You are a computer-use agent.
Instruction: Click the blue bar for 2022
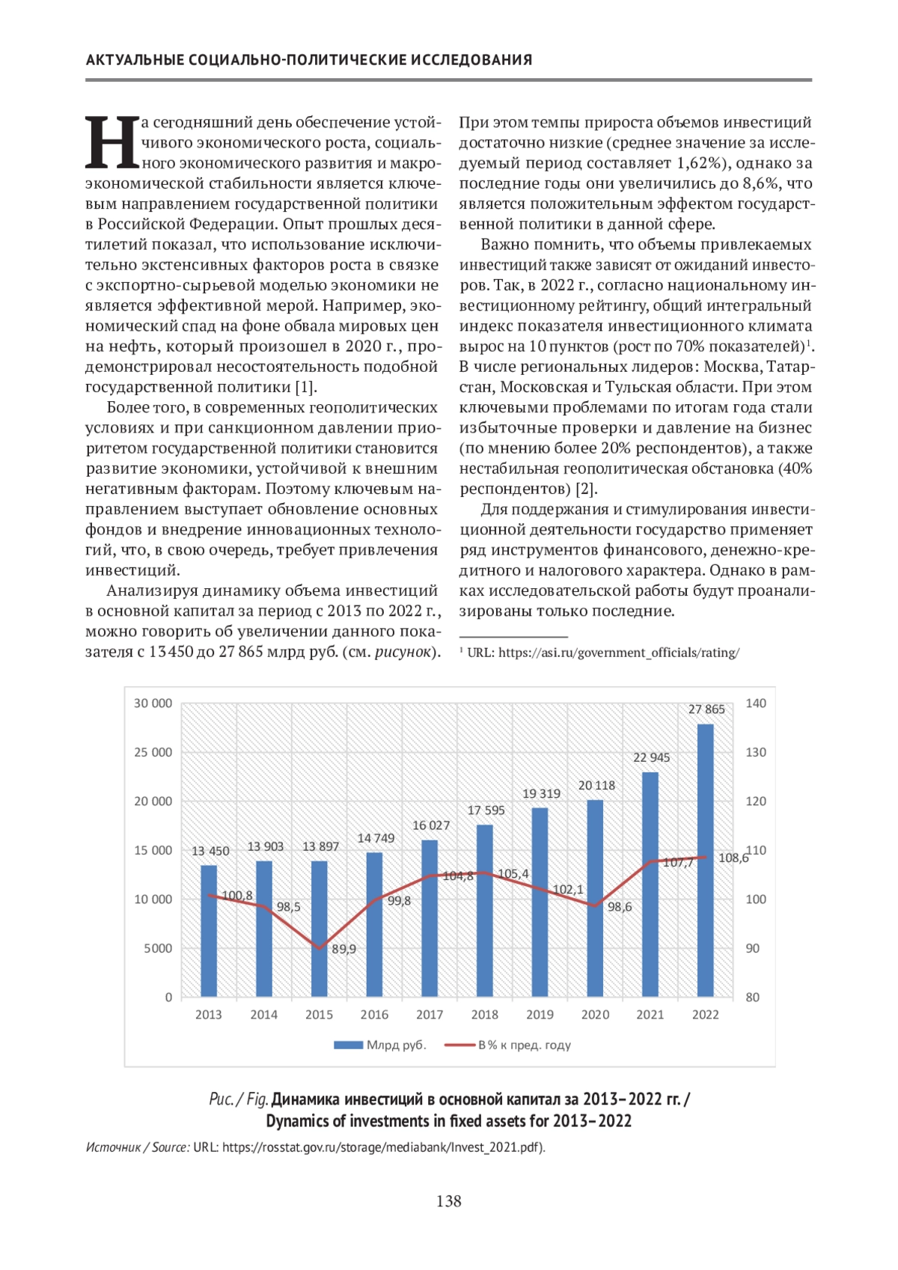705,861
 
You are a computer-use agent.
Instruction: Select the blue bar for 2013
209,931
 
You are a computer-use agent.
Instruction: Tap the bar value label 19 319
541,794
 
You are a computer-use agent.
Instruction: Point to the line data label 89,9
344,949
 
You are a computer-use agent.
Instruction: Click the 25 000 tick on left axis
153,752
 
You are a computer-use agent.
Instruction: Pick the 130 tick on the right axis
756,752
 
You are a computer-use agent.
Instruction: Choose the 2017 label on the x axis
430,1015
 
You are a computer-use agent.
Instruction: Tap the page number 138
449,1201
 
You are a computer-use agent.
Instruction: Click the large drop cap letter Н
112,142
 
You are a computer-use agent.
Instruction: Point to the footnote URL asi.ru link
618,653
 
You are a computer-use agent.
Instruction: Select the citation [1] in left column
305,387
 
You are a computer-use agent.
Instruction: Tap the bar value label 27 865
706,709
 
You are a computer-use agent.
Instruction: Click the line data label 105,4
513,874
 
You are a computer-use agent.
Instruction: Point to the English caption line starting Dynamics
449,1121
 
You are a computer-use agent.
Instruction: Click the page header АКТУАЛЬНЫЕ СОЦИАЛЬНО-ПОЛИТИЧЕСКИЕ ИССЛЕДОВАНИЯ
309,60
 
